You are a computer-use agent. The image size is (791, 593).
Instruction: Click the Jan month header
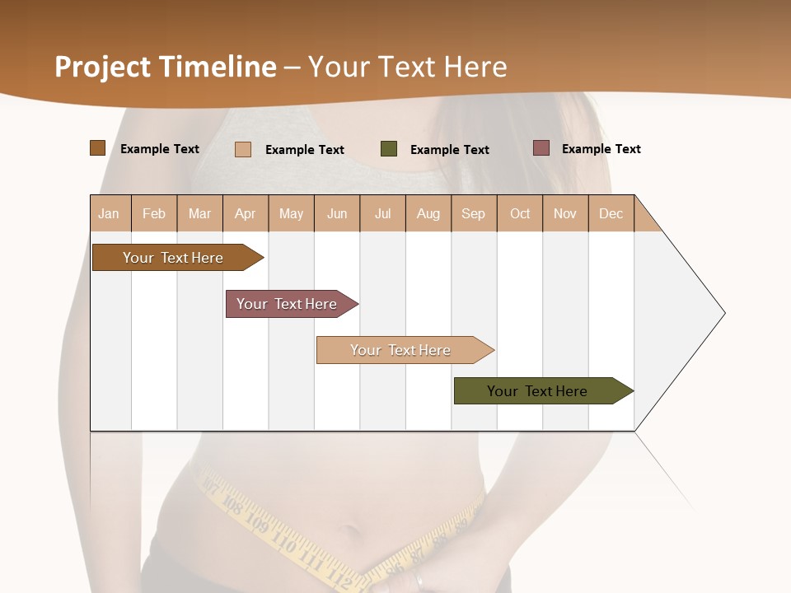109,213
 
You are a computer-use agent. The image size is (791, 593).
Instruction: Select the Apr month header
245,213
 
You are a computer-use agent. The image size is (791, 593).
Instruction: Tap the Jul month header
382,213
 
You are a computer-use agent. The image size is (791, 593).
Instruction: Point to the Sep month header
473,213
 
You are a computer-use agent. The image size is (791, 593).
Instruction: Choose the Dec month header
611,213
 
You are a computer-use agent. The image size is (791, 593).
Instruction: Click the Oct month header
520,213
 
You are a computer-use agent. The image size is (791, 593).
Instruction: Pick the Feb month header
154,213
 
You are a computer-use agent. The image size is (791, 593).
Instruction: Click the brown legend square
98,148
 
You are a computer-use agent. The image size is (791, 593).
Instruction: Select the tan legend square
243,149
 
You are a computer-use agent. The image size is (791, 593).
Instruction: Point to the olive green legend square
389,149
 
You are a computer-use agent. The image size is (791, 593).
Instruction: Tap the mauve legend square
541,148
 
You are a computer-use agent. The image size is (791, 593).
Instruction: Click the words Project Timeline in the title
166,67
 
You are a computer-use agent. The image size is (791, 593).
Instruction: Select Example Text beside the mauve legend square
601,149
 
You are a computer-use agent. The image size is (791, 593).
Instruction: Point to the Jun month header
337,213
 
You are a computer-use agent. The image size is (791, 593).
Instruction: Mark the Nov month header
565,213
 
